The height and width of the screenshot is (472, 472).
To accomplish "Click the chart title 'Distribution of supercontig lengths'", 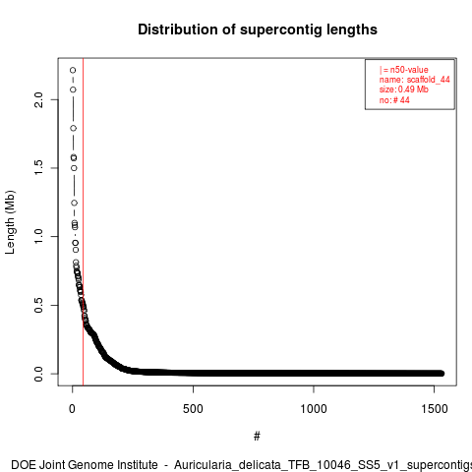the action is pyautogui.click(x=258, y=29).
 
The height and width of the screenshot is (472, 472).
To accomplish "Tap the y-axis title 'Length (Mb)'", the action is pyautogui.click(x=10, y=222).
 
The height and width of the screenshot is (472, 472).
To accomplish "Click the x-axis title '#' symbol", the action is pyautogui.click(x=257, y=437).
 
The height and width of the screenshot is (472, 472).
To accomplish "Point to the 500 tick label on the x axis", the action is pyautogui.click(x=193, y=409).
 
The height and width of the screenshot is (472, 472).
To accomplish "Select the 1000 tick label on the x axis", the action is pyautogui.click(x=314, y=409).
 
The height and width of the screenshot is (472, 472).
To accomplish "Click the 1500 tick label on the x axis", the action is pyautogui.click(x=435, y=409).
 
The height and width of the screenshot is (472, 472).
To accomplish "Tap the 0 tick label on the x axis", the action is pyautogui.click(x=72, y=409).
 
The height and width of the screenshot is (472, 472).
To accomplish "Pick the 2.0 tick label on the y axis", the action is pyautogui.click(x=38, y=99).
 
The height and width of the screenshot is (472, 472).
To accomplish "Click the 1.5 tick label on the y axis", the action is pyautogui.click(x=38, y=168).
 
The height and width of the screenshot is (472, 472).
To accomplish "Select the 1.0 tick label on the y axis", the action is pyautogui.click(x=38, y=236).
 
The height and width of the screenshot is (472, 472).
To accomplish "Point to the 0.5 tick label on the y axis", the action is pyautogui.click(x=38, y=305).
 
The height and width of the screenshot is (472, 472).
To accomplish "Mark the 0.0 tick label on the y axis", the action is pyautogui.click(x=38, y=374).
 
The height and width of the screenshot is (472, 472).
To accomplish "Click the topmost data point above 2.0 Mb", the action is pyautogui.click(x=73, y=70).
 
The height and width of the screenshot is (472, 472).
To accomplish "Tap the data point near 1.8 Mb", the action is pyautogui.click(x=74, y=128).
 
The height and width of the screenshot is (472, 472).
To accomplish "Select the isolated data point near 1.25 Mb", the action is pyautogui.click(x=75, y=204).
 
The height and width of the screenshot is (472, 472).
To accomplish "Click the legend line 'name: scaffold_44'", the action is pyautogui.click(x=415, y=80).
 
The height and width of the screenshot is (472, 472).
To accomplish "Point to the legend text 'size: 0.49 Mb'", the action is pyautogui.click(x=404, y=89).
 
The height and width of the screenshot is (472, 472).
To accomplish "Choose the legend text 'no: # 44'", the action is pyautogui.click(x=394, y=100).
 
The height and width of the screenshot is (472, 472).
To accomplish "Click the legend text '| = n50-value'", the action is pyautogui.click(x=404, y=70).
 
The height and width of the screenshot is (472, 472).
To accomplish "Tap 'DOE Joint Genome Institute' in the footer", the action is pyautogui.click(x=85, y=465).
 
